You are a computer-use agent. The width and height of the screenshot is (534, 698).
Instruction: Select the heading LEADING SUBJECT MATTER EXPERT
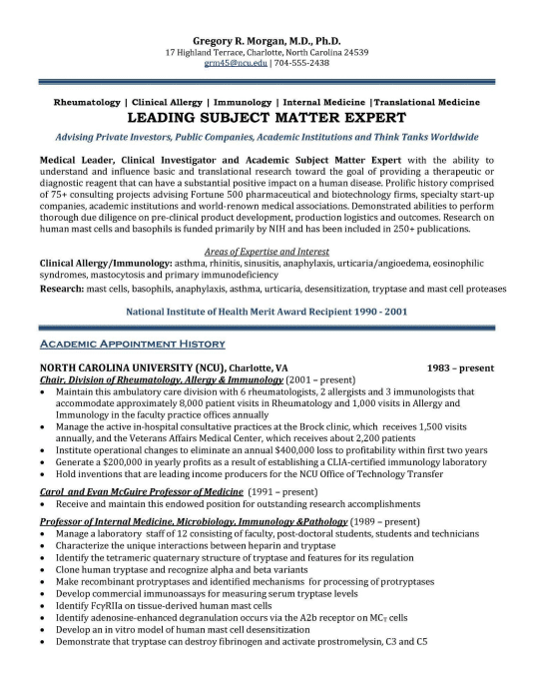[x=267, y=116]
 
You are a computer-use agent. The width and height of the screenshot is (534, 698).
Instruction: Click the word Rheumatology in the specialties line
[x=86, y=102]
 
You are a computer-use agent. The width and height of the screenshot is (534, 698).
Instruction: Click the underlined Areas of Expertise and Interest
[x=267, y=253]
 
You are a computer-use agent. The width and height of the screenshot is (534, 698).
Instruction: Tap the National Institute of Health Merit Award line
[x=267, y=313]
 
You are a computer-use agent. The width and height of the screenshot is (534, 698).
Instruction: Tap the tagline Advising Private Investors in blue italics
[x=267, y=136]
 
